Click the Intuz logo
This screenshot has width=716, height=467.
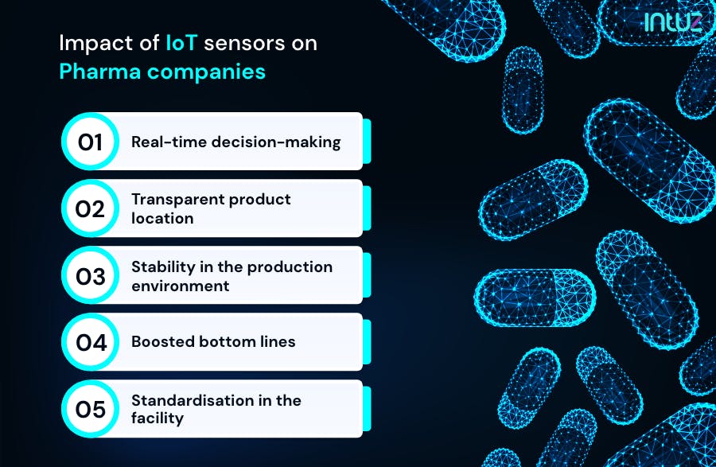pos(672,22)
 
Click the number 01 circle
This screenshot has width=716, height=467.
pos(90,142)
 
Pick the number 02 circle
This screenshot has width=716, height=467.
pos(90,208)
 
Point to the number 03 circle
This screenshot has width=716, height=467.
pos(90,275)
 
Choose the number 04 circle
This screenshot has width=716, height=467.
pos(90,342)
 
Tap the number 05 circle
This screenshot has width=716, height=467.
pos(90,409)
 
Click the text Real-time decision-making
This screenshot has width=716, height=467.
pos(235,142)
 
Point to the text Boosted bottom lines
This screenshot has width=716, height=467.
pos(213,341)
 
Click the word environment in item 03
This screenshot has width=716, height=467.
pos(180,286)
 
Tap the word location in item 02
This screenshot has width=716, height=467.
pos(162,218)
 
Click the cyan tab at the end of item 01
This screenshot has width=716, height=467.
pos(367,142)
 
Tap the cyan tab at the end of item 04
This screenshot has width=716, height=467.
pos(367,342)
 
